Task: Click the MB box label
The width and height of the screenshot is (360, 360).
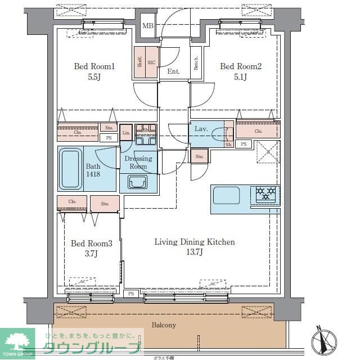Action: click(x=147, y=26)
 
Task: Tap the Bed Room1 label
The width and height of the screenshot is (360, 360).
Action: click(x=94, y=66)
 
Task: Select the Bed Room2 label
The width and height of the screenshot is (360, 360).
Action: click(x=241, y=66)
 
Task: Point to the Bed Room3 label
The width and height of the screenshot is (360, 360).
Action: click(x=91, y=244)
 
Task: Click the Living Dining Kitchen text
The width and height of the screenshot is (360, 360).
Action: click(x=195, y=242)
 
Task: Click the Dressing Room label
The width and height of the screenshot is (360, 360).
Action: click(x=138, y=162)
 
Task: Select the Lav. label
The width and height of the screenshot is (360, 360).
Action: click(x=201, y=129)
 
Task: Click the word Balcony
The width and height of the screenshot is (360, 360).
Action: click(x=164, y=325)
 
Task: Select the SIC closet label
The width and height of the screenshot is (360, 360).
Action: click(x=151, y=63)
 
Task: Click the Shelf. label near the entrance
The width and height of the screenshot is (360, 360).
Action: click(x=139, y=62)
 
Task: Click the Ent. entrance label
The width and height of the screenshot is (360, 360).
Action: click(x=173, y=71)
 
